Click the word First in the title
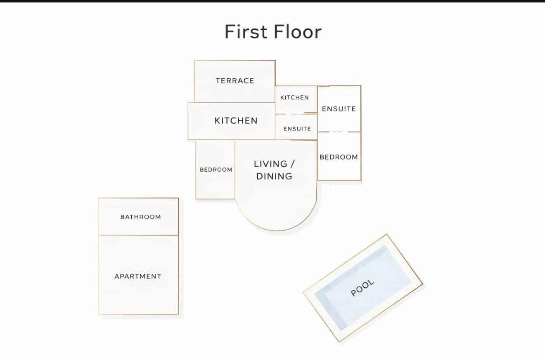point(246,32)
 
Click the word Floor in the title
point(298,32)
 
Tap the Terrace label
point(235,81)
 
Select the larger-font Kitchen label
point(236,121)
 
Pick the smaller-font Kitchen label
point(295,97)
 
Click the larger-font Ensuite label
point(339,109)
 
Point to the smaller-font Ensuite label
point(297,129)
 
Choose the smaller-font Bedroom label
point(216,170)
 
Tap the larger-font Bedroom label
point(339,157)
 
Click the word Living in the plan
point(270,164)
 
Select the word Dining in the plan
point(274,176)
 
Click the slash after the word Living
point(292,164)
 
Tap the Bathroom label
point(141,217)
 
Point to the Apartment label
point(138,276)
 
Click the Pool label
point(362,288)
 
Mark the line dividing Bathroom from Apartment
point(138,235)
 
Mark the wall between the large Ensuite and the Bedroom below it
point(339,132)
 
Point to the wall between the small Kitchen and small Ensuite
point(296,114)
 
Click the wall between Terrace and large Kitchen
point(235,102)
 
